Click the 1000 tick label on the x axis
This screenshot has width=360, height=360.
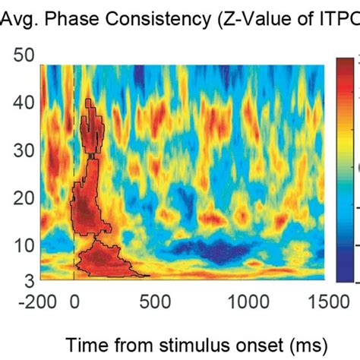click(247, 300)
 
